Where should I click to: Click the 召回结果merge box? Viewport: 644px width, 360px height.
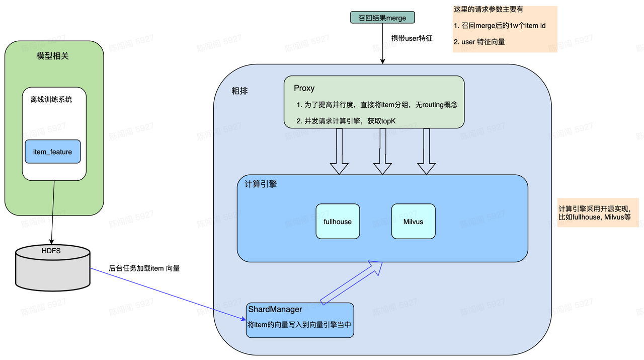pyautogui.click(x=382, y=18)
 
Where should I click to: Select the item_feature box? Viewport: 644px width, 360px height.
pyautogui.click(x=53, y=152)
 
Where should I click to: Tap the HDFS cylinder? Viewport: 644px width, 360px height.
pyautogui.click(x=53, y=267)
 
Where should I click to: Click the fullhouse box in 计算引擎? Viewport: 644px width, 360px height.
pyautogui.click(x=338, y=222)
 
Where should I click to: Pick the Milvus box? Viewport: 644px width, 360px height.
pyautogui.click(x=413, y=222)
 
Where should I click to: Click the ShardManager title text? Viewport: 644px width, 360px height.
pyautogui.click(x=275, y=309)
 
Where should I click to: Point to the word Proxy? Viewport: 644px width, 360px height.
pyautogui.click(x=304, y=88)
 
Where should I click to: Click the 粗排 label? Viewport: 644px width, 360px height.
pyautogui.click(x=239, y=91)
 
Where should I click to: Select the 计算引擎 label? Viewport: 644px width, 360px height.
pyautogui.click(x=261, y=184)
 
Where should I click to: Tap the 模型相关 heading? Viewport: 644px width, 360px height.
pyautogui.click(x=53, y=56)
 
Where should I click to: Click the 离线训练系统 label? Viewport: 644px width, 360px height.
pyautogui.click(x=51, y=99)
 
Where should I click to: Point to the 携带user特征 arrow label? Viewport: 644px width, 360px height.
pyautogui.click(x=412, y=38)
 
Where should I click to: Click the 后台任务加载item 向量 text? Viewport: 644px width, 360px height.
pyautogui.click(x=144, y=268)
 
